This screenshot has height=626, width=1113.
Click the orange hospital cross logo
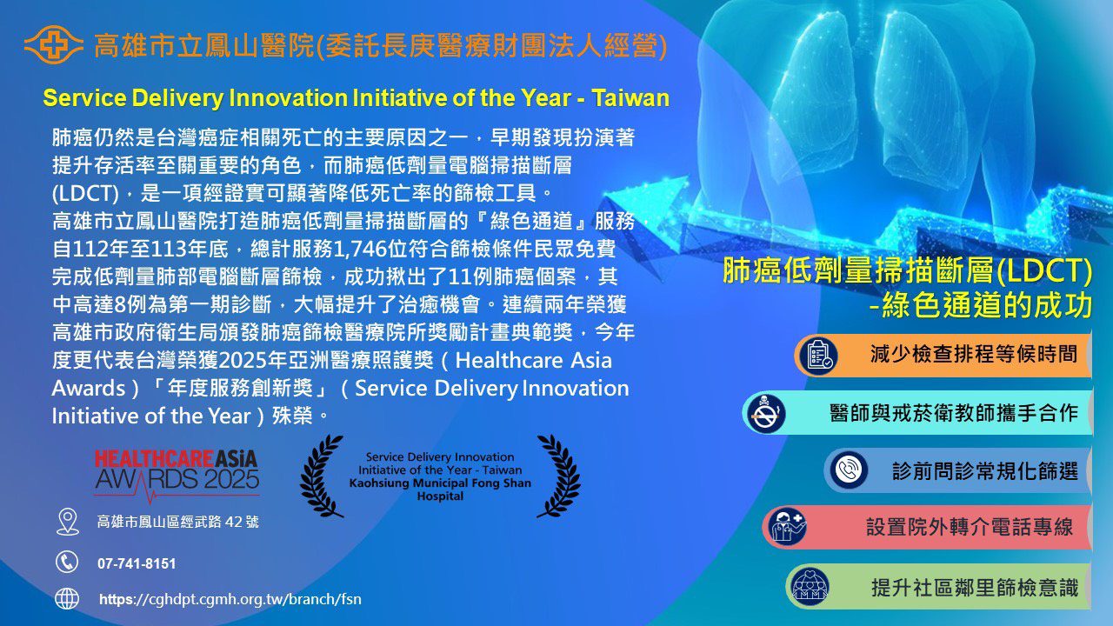click(x=54, y=44)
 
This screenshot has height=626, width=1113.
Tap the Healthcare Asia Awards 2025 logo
click(x=177, y=475)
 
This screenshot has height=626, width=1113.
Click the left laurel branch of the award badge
click(x=321, y=476)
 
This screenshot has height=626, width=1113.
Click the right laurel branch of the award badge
click(x=559, y=476)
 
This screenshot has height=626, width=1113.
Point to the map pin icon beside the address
click(x=68, y=522)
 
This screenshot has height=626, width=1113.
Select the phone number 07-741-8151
click(x=137, y=564)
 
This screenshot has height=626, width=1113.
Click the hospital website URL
click(x=230, y=599)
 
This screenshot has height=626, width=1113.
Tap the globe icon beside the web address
click(x=67, y=599)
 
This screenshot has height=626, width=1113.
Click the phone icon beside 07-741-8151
click(x=67, y=563)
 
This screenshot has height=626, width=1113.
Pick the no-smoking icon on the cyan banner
click(x=766, y=413)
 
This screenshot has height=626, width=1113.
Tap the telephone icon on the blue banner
click(x=849, y=469)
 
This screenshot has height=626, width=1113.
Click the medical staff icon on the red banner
click(x=787, y=527)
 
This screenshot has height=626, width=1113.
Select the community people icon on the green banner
click(x=810, y=586)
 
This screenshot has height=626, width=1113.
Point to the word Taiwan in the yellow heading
click(x=630, y=98)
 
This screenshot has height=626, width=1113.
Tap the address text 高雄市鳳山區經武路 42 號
click(x=178, y=522)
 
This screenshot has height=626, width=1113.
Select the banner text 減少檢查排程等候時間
click(x=973, y=354)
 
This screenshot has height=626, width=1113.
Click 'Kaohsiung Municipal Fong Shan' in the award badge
click(x=440, y=483)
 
